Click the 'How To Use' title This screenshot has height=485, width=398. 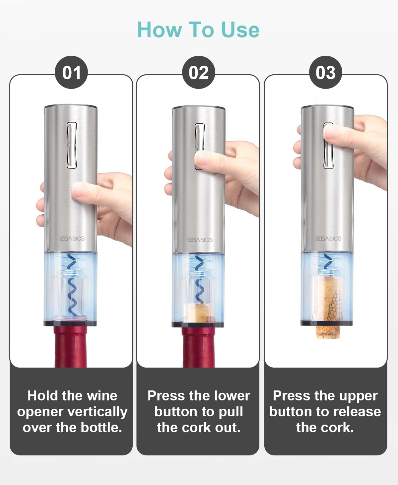198,30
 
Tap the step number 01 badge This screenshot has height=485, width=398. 71,72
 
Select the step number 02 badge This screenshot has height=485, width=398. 198,72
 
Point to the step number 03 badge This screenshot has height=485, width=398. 325,72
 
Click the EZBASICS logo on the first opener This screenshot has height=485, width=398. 72,239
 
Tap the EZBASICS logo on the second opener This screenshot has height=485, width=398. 200,240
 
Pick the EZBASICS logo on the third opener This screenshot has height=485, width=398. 328,239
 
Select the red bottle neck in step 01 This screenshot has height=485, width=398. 71,347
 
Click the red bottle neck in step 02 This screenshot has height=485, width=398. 198,347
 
